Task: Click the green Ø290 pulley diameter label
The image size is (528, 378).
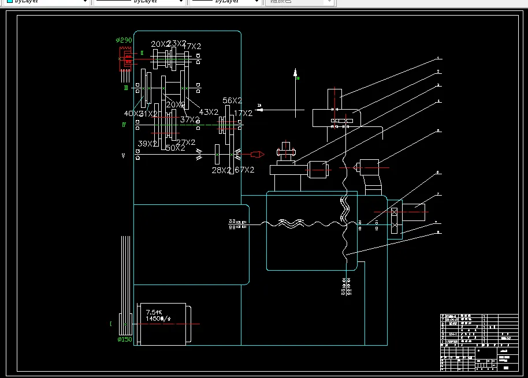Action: [124, 40]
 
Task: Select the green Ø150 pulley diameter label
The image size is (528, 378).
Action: [124, 339]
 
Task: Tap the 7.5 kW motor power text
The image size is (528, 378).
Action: [154, 312]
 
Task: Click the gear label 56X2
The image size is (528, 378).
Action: [232, 101]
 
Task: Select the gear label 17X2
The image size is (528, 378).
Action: [243, 114]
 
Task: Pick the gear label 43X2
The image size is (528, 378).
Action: [209, 112]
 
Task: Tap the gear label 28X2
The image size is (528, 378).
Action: [221, 170]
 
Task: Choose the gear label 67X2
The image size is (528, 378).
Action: [245, 170]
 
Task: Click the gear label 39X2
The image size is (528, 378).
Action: [148, 144]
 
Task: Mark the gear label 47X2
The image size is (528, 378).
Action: [192, 46]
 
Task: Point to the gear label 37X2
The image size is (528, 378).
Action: [190, 120]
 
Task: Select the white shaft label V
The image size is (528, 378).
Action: [124, 156]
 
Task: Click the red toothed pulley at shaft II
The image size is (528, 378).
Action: [122, 58]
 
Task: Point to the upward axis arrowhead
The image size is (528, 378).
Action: [295, 73]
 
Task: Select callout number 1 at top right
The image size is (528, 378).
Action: [438, 58]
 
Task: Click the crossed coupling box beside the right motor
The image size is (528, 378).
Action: [395, 219]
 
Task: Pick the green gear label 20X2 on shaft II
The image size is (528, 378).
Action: [160, 44]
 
